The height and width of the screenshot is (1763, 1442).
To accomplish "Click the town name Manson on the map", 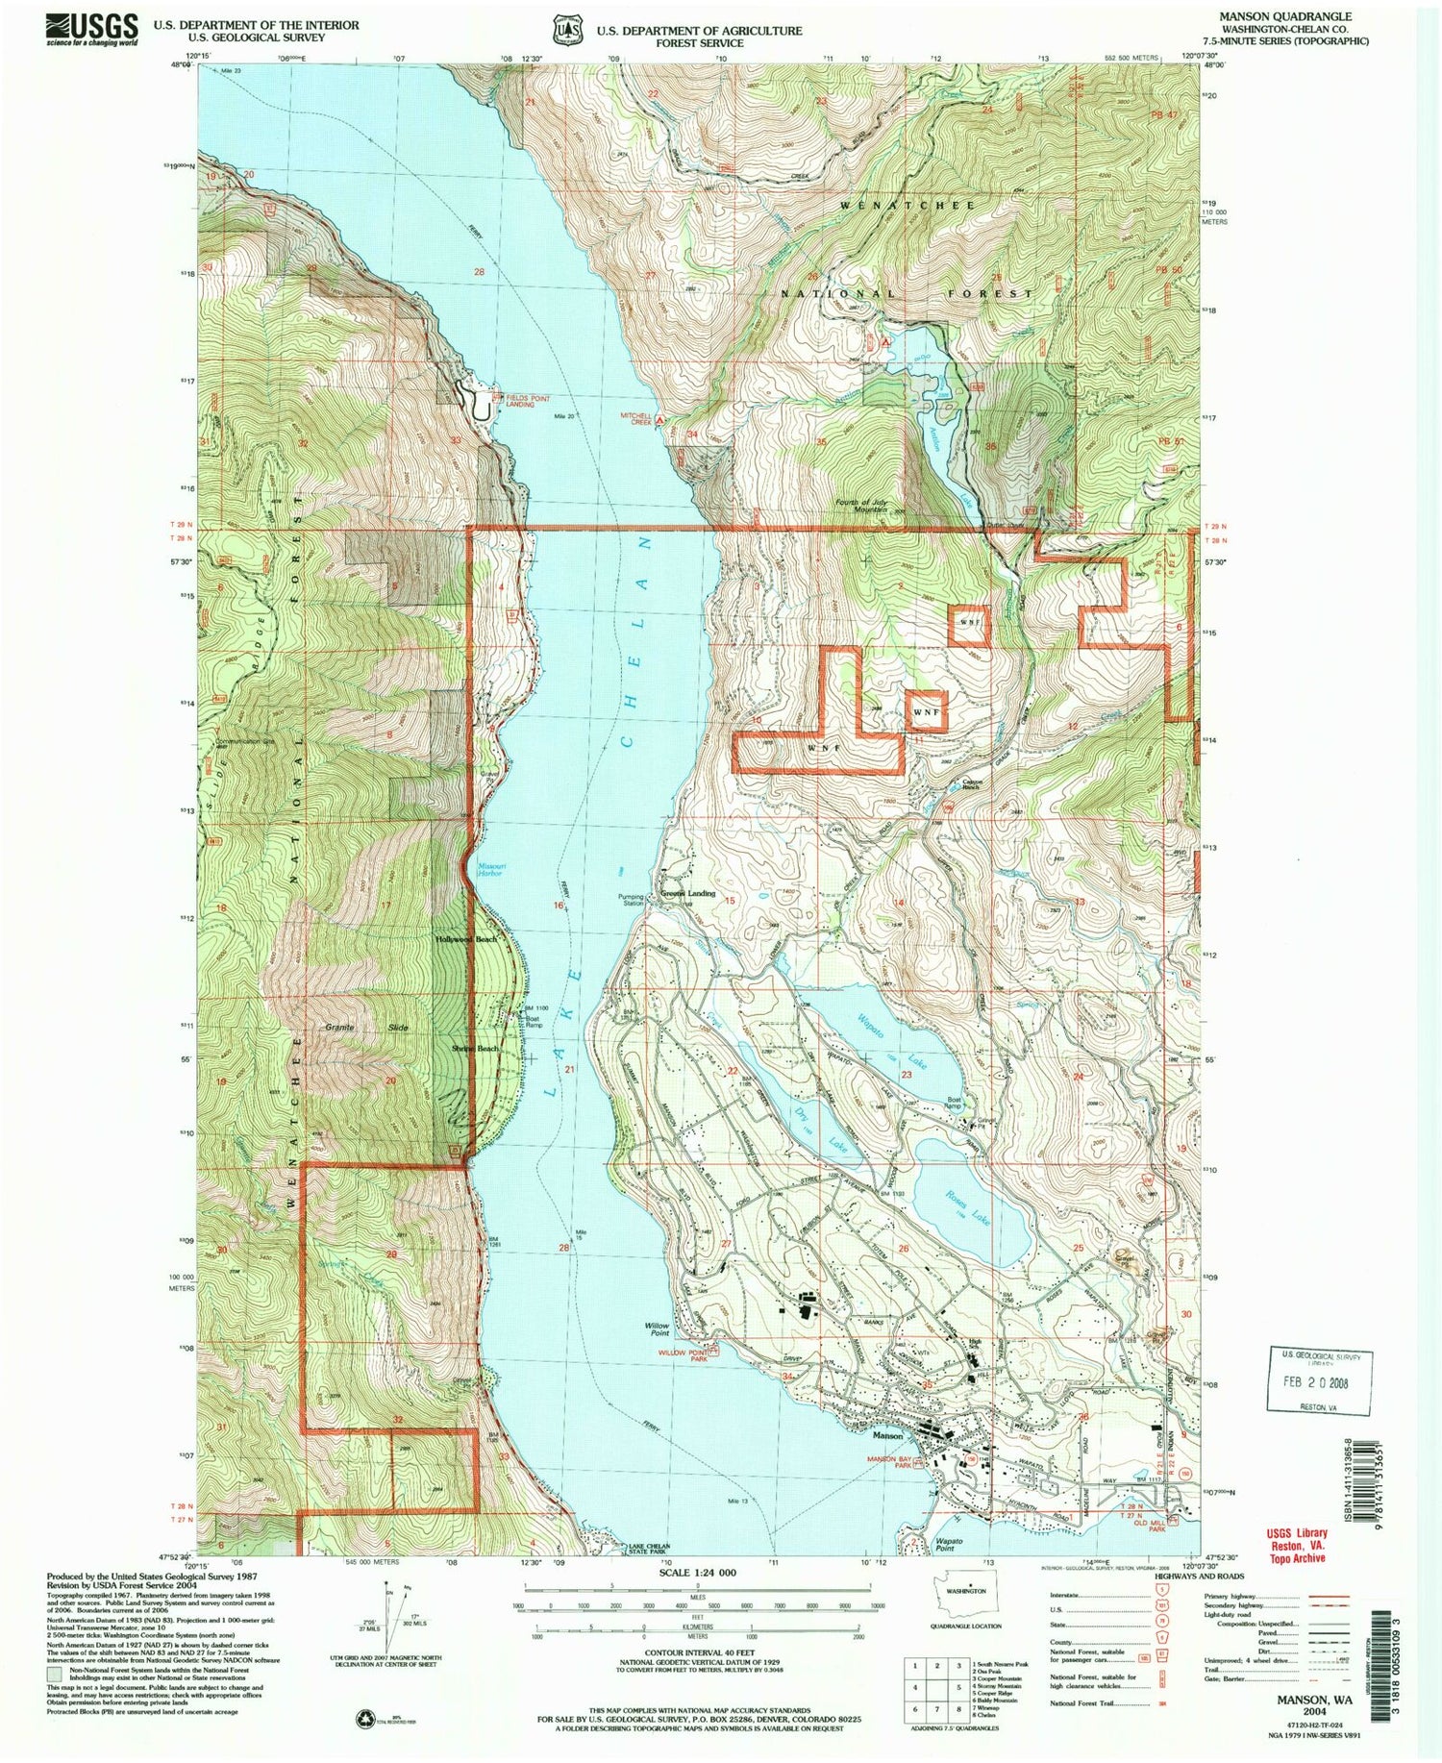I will (887, 1435).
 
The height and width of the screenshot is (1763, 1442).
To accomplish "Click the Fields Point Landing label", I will (520, 400).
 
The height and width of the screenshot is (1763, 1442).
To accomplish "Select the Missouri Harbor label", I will (489, 868).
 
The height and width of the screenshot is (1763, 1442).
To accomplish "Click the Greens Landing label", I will (687, 893).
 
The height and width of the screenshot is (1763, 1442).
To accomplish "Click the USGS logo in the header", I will (91, 29).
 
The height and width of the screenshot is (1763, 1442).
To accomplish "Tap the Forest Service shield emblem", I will (566, 31).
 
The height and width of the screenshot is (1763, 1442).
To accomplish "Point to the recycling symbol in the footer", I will (366, 1719).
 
